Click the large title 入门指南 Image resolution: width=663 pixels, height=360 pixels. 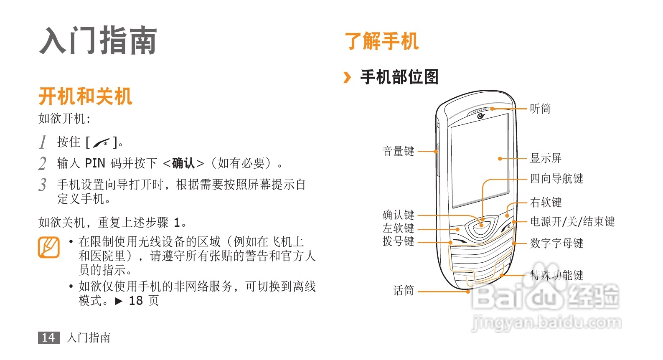pos(98,41)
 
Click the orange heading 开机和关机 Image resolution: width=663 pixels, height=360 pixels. pos(85,96)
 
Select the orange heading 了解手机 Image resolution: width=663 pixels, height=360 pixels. pos(381,41)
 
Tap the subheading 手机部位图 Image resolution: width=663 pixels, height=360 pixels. pos(399,77)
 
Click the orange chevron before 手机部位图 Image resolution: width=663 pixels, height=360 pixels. pos(347,77)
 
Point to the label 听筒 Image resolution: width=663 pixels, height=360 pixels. pos(540,109)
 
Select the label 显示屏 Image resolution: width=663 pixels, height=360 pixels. pos(545,158)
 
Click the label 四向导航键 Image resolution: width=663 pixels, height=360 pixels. pos(556,179)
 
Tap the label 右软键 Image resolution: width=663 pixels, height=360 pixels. pos(545,203)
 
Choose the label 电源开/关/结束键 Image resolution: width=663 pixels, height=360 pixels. pos(572,222)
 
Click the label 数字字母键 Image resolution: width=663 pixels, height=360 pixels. pos(556,243)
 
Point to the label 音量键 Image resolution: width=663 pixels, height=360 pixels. pos(398,151)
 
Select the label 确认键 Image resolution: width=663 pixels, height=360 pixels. pos(398,215)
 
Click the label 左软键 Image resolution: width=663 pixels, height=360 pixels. pos(398,228)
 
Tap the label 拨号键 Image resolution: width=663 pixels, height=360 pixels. pos(398,241)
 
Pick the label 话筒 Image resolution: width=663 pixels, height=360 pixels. pos(403,291)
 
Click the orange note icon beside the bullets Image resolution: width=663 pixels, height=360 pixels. pos(48,247)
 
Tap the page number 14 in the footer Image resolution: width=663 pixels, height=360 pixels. pos(48,337)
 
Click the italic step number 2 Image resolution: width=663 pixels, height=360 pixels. pos(42,163)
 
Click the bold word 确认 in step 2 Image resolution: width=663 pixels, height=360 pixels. pos(183,163)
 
